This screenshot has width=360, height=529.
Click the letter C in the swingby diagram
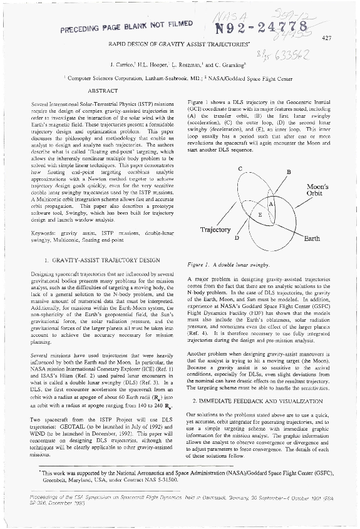[240, 169]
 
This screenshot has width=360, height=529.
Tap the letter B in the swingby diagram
[288, 172]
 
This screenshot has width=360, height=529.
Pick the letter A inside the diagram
[270, 205]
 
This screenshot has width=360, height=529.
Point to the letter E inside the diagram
[260, 215]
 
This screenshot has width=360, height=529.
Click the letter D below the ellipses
[237, 238]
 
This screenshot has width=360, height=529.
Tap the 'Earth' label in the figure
[312, 239]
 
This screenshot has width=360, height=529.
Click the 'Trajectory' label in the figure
[215, 230]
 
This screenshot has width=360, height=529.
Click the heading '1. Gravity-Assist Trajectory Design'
[98, 259]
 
